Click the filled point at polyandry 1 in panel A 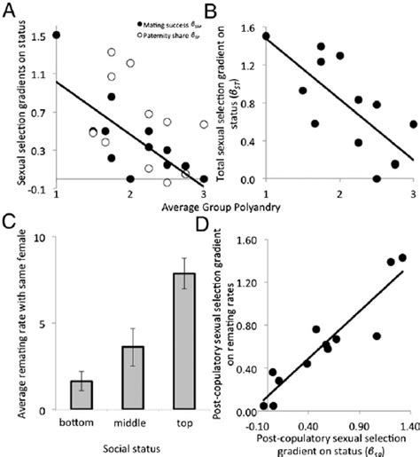point(57,35)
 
